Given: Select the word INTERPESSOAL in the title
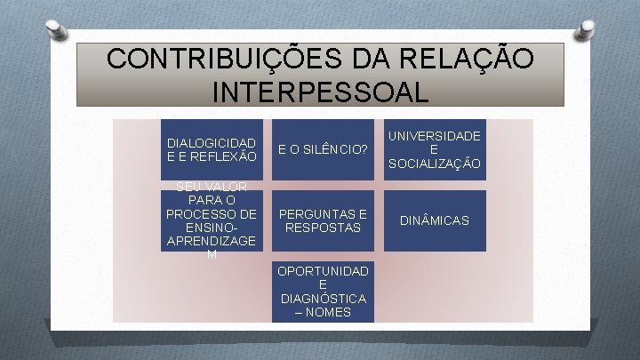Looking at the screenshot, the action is pyautogui.click(x=320, y=91).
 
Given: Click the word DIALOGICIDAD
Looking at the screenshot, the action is pyautogui.click(x=212, y=142).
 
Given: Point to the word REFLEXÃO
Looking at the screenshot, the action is pyautogui.click(x=224, y=156).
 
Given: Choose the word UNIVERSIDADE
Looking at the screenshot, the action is pyautogui.click(x=435, y=135).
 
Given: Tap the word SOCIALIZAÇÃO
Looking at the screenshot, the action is pyautogui.click(x=435, y=164).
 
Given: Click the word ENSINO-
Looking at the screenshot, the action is pyautogui.click(x=212, y=228).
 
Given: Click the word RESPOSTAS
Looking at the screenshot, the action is pyautogui.click(x=324, y=228).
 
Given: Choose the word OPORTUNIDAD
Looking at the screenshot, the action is pyautogui.click(x=324, y=269).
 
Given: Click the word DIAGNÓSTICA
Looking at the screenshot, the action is pyautogui.click(x=324, y=298).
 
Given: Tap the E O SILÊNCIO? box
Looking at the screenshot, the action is pyautogui.click(x=324, y=149).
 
